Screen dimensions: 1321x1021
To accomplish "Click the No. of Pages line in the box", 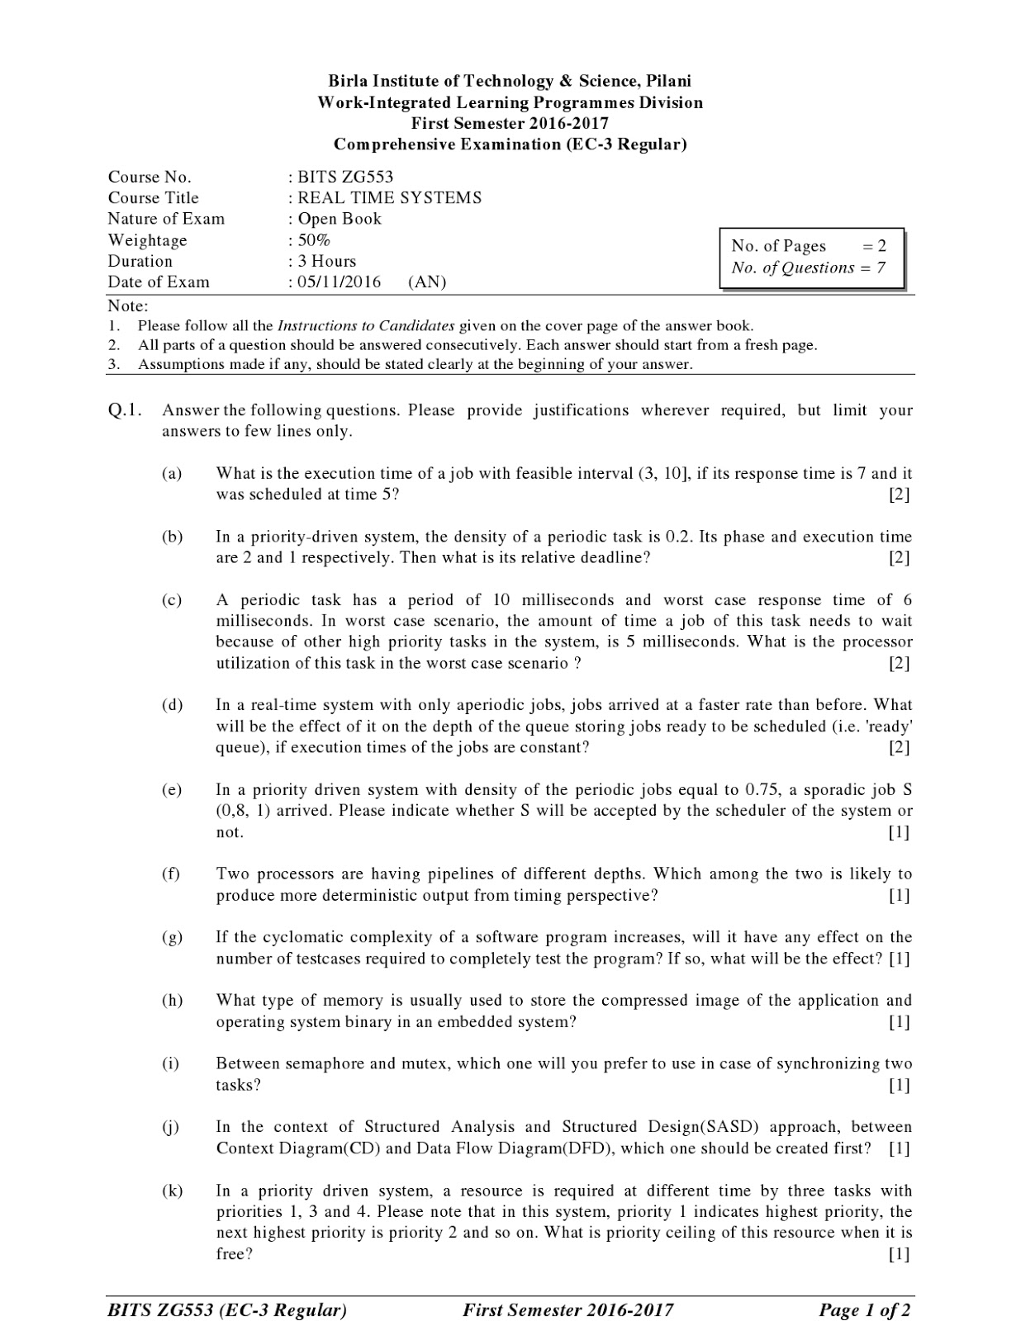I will tap(809, 246).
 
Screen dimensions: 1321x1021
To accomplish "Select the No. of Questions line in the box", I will tap(809, 268).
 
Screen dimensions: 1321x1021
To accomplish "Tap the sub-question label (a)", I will tap(172, 474).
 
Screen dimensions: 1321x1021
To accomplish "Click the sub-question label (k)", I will tap(172, 1191).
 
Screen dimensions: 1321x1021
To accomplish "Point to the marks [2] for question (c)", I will tap(899, 663).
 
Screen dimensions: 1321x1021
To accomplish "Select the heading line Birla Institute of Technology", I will tap(510, 81).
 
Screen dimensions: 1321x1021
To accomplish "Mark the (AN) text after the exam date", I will tap(426, 282).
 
